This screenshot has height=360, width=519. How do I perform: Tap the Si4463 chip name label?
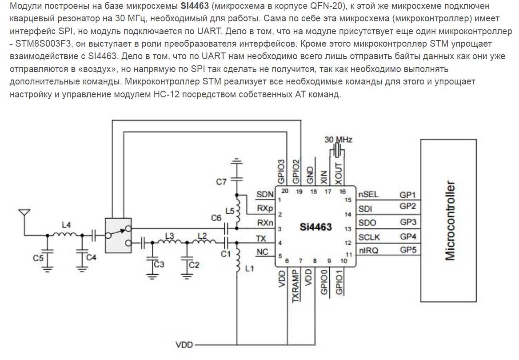pos(316,228)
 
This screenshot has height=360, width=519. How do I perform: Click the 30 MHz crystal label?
pos(339,140)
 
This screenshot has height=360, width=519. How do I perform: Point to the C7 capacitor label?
pos(221,181)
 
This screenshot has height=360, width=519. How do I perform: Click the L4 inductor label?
pos(66,225)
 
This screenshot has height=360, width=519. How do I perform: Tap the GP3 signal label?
pos(407,221)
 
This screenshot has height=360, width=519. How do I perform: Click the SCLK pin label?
pos(369,236)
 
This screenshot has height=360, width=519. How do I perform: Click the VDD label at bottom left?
pos(184,344)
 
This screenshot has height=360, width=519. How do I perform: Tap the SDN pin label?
pos(264,194)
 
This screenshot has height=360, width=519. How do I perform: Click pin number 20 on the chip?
pos(285,192)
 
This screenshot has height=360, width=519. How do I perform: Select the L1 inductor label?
pos(248,269)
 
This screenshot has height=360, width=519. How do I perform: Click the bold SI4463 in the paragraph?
pos(195,7)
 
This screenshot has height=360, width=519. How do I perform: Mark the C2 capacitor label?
pos(194,265)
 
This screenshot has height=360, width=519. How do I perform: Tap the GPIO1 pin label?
pos(339,284)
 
